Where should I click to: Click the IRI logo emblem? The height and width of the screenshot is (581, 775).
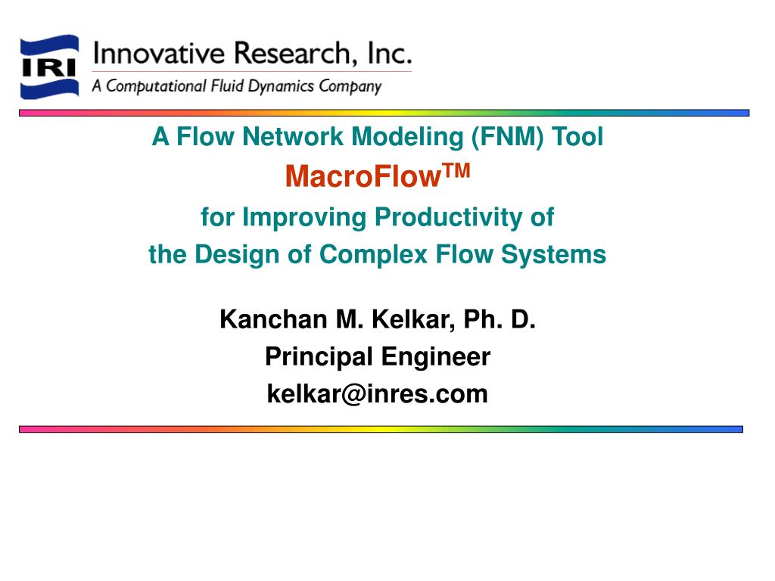pos(49,67)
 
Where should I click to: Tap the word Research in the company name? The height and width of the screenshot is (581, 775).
pos(279,54)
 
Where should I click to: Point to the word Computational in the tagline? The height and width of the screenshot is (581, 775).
pos(157,86)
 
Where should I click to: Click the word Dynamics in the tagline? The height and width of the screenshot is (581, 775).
pos(282,86)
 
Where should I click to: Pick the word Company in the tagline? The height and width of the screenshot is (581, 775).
pos(350,86)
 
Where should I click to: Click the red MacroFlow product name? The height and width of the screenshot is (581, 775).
pos(363,178)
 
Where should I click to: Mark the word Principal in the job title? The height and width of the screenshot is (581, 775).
pos(319,357)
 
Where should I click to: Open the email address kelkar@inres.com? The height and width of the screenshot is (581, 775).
pos(377,394)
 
